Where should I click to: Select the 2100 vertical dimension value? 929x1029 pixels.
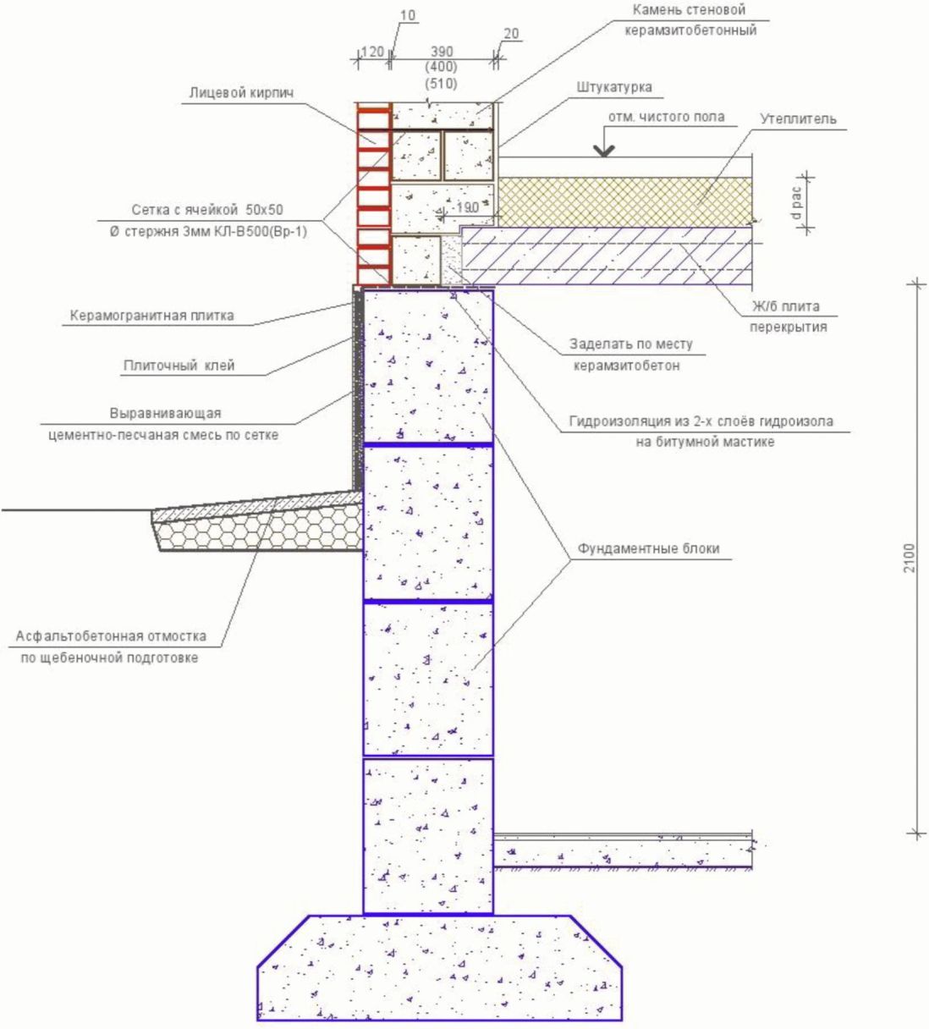[x=909, y=559]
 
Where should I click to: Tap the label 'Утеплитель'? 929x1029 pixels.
[x=798, y=118]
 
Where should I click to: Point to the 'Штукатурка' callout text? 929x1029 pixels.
[x=614, y=87]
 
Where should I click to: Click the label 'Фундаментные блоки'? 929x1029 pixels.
[x=648, y=548]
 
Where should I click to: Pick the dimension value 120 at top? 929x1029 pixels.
[x=372, y=52]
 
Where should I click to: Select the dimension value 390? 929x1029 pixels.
[x=442, y=52]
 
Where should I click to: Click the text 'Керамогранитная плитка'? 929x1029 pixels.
[x=151, y=316]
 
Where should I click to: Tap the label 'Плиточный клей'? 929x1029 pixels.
[x=179, y=366]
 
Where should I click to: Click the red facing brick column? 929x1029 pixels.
[x=373, y=195]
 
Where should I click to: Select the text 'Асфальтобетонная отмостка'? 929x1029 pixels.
[x=112, y=636]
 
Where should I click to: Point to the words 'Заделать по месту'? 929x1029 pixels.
[x=630, y=344]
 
